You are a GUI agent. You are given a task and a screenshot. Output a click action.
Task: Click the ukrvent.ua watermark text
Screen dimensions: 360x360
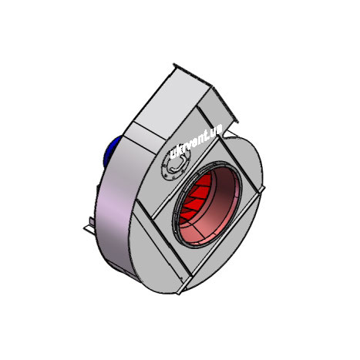click(196, 141)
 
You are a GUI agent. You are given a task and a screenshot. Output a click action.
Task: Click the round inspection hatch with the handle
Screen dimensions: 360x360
click(176, 165)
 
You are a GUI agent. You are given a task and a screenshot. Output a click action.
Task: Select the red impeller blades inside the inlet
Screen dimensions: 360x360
click(194, 199)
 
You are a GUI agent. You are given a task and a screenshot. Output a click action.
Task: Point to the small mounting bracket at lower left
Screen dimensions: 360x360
click(89, 226)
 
